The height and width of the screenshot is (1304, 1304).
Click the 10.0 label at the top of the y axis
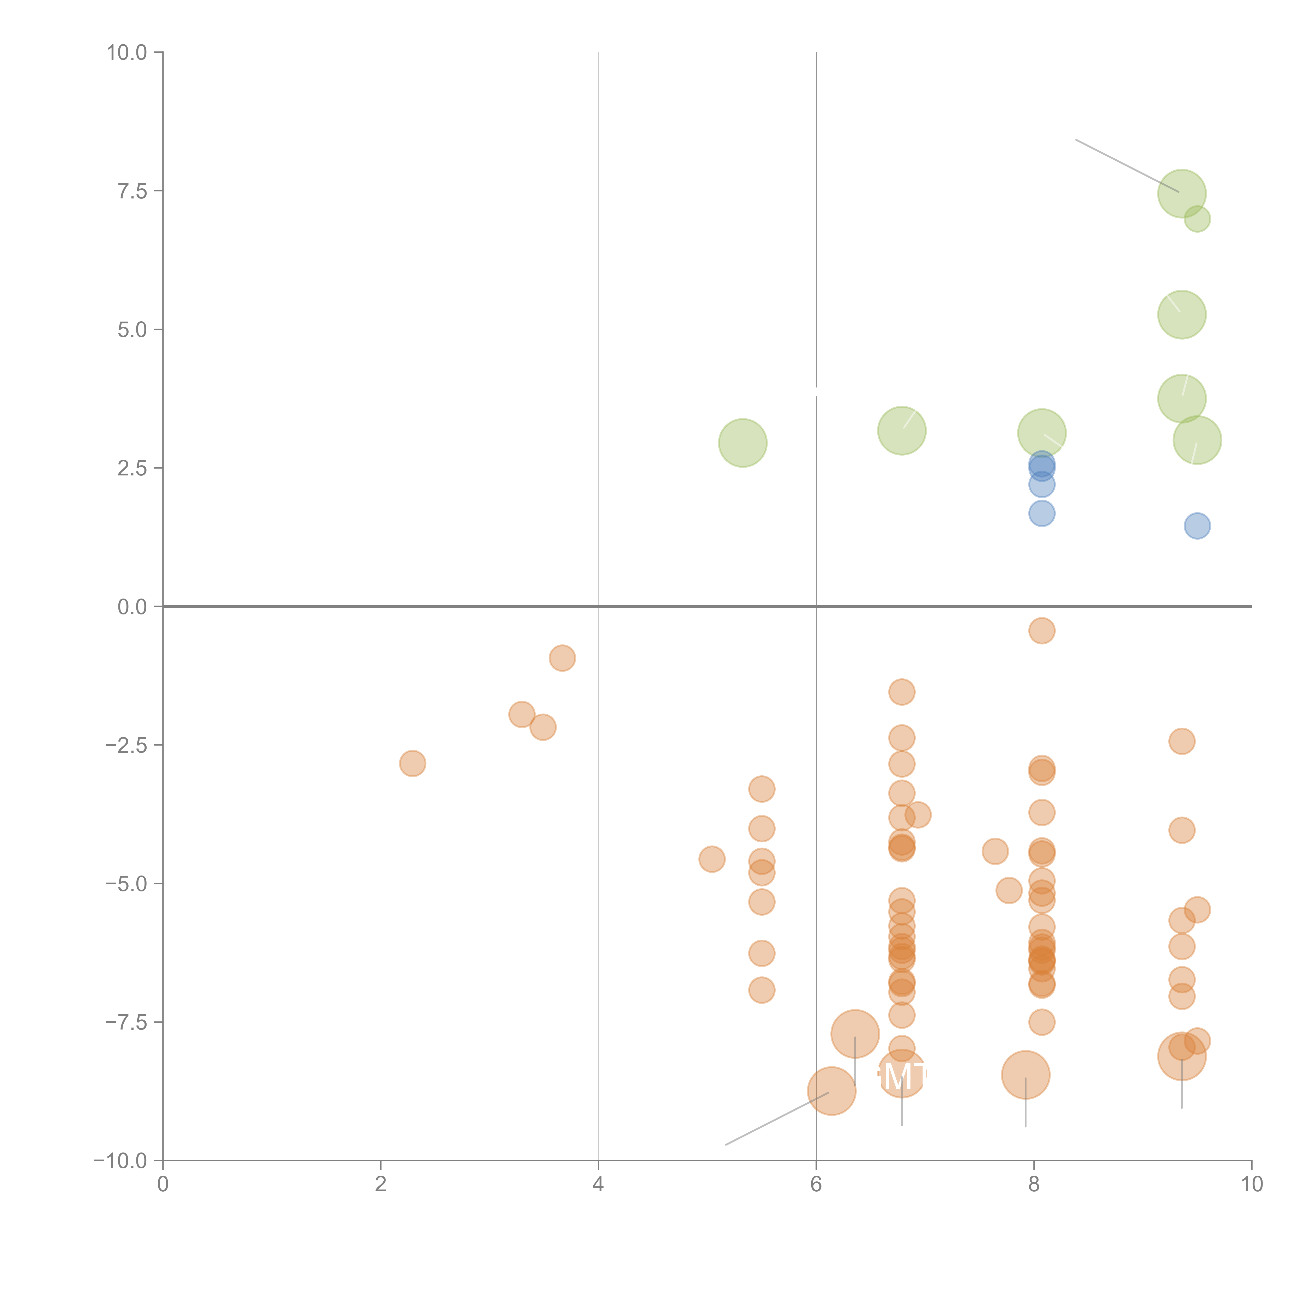coord(127,53)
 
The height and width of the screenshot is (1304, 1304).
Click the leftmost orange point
coord(412,763)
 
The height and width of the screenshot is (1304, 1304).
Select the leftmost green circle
coord(742,443)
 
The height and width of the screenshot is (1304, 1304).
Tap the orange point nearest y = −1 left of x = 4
coord(562,658)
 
